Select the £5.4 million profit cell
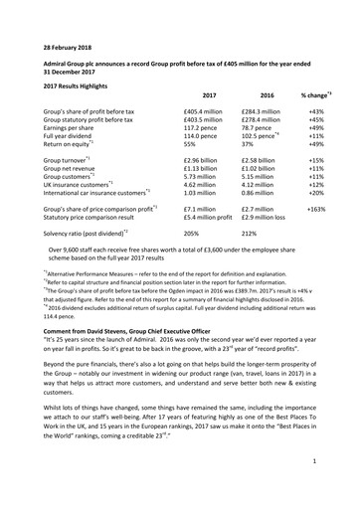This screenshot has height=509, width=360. [x=209, y=221]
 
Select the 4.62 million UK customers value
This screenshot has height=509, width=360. [x=205, y=184]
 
